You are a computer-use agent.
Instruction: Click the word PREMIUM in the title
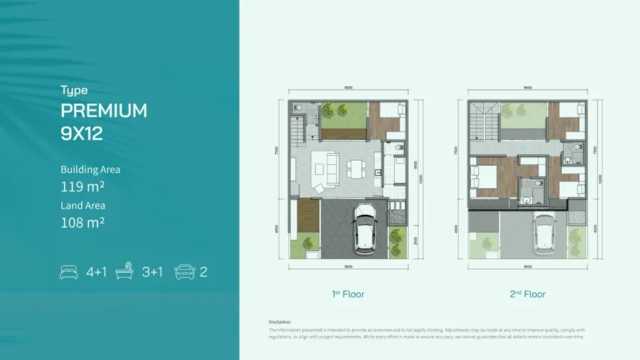click(x=104, y=111)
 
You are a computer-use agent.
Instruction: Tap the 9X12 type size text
click(x=82, y=134)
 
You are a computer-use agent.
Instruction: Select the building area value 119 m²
click(x=82, y=188)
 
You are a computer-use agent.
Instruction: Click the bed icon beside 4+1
click(x=70, y=271)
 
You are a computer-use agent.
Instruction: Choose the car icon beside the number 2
click(x=183, y=271)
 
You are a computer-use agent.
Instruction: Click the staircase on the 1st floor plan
click(x=297, y=129)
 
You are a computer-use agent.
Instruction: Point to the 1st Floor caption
click(x=348, y=294)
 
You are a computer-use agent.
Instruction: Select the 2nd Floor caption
click(x=527, y=294)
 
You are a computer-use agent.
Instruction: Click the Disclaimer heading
click(x=280, y=322)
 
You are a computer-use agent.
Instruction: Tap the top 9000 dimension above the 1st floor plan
click(x=348, y=88)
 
